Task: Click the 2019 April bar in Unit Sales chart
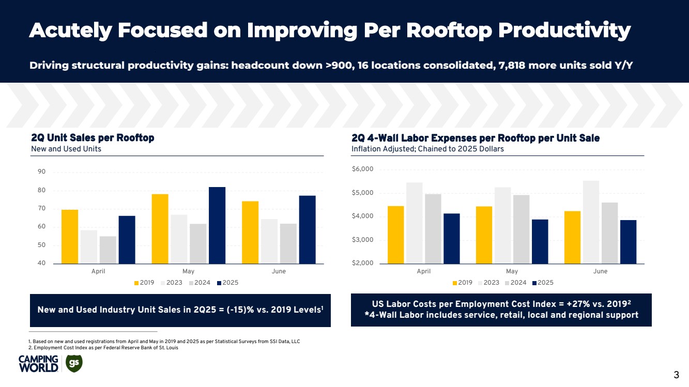[x=70, y=237]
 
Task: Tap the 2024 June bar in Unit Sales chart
[x=288, y=243]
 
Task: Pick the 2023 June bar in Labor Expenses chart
[x=591, y=222]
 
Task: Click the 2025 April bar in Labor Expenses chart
[x=451, y=238]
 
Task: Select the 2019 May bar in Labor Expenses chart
[x=484, y=235]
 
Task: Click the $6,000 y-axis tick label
[x=362, y=169]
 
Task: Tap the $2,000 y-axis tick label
[x=362, y=264]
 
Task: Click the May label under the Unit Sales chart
[x=189, y=271]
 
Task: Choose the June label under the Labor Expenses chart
[x=600, y=271]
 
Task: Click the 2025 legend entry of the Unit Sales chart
[x=227, y=283]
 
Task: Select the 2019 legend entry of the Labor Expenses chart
[x=462, y=283]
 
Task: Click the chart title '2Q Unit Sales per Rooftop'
[x=93, y=138]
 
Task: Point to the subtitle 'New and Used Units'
[x=66, y=149]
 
